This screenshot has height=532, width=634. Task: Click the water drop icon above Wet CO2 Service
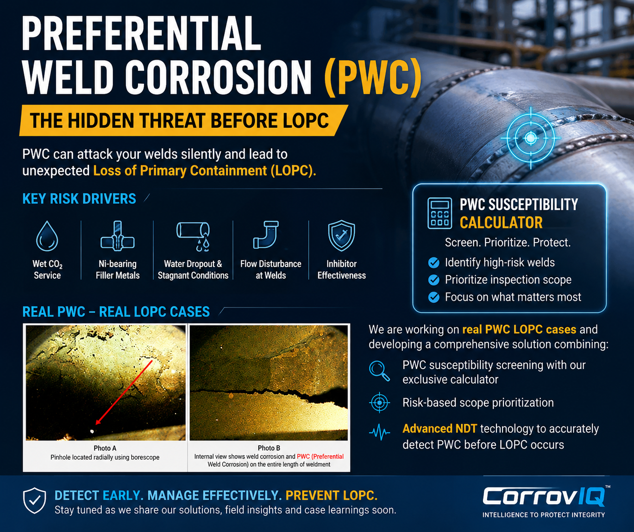pyautogui.click(x=47, y=236)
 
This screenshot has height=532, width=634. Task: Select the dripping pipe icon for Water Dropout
pyautogui.click(x=194, y=237)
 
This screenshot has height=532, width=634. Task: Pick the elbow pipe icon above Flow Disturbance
pyautogui.click(x=266, y=235)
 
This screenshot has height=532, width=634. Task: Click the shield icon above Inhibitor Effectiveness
pyautogui.click(x=341, y=236)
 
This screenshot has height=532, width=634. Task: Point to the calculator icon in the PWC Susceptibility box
pyautogui.click(x=439, y=213)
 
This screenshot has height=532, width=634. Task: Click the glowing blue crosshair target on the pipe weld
pyautogui.click(x=531, y=138)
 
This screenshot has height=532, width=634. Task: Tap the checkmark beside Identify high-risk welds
pyautogui.click(x=433, y=263)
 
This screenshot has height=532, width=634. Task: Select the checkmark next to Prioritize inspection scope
pyautogui.click(x=433, y=280)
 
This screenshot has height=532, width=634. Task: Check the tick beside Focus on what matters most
pyautogui.click(x=433, y=297)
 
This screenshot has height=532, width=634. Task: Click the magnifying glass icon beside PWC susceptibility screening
pyautogui.click(x=379, y=371)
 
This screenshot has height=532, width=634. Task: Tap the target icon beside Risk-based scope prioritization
pyautogui.click(x=380, y=403)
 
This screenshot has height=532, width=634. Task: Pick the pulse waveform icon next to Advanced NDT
pyautogui.click(x=380, y=432)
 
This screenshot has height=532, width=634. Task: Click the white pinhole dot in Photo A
pyautogui.click(x=92, y=431)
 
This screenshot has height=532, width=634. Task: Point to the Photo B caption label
pyautogui.click(x=269, y=448)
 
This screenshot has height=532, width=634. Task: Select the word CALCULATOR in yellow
pyautogui.click(x=501, y=223)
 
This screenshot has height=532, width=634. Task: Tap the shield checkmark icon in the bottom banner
pyautogui.click(x=35, y=501)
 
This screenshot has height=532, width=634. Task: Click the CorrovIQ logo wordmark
pyautogui.click(x=544, y=496)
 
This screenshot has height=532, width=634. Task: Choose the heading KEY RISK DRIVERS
pyautogui.click(x=79, y=199)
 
